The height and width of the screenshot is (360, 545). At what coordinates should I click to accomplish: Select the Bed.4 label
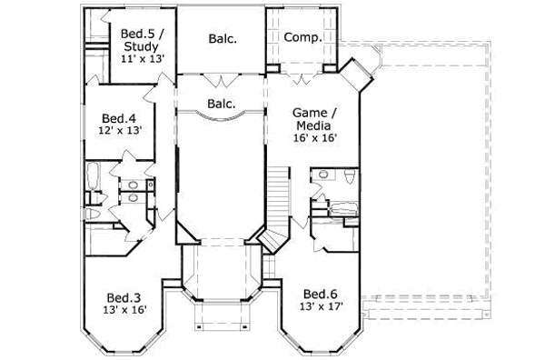(118, 118)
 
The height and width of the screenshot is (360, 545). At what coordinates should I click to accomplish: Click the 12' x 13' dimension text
(118, 131)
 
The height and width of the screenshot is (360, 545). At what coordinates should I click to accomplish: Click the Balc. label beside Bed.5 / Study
(223, 38)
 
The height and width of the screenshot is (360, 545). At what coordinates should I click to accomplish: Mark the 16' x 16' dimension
(314, 138)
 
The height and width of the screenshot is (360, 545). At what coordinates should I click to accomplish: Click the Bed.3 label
(123, 297)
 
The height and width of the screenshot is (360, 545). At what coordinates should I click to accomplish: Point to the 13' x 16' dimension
(123, 310)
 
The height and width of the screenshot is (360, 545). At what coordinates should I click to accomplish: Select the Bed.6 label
(320, 294)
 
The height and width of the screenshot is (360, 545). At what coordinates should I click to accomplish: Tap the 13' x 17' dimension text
(320, 306)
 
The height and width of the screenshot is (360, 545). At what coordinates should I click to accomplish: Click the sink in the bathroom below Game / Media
(322, 173)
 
